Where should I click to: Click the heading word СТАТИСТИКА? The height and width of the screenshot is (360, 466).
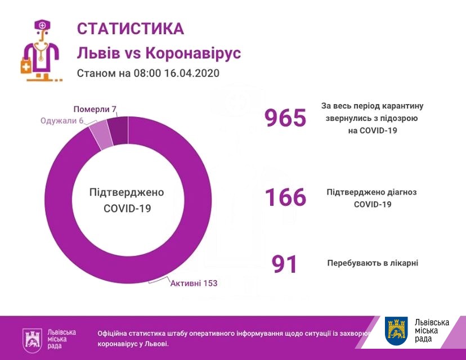pos(130,29)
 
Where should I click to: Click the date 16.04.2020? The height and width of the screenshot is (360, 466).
pos(191,74)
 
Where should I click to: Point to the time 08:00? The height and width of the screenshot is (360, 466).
pos(147,74)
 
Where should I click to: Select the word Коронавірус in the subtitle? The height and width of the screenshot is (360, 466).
pos(193,53)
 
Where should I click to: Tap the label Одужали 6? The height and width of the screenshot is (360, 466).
pos(61,121)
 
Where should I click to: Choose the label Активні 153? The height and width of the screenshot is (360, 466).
pos(194,283)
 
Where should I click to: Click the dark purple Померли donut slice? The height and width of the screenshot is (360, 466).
pos(118,129)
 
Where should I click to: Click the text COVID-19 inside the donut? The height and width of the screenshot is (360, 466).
pos(127,208)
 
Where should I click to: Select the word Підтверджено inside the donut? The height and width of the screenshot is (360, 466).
pos(127,192)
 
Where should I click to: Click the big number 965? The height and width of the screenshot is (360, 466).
pos(285,118)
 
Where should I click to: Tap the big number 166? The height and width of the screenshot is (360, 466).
pos(285,197)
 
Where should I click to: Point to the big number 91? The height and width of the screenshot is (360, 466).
pos(285,264)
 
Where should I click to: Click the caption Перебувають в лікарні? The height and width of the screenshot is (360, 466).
pos(373,263)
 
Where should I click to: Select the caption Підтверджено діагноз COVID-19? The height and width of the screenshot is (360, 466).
pos(372,198)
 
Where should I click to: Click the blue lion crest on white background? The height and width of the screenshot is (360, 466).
pos(397,331)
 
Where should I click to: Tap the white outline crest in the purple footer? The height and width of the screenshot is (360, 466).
pos(32,339)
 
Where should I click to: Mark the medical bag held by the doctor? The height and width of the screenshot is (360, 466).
pos(26,67)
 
